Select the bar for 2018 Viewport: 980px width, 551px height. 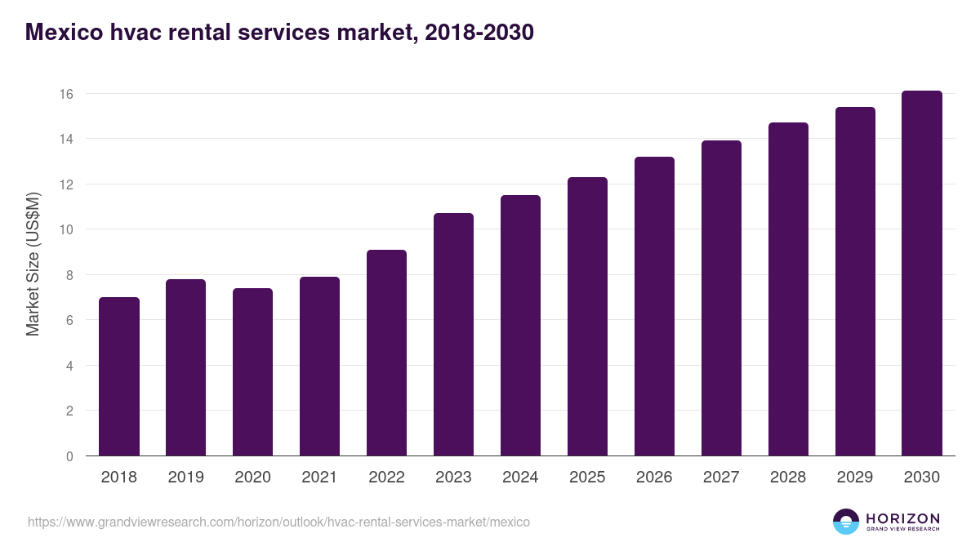(119, 376)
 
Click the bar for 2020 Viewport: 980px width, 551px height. (253, 372)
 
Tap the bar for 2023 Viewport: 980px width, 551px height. (453, 335)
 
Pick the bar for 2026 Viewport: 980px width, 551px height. (654, 306)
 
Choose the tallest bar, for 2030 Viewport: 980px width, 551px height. (922, 273)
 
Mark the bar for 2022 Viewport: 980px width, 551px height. (386, 353)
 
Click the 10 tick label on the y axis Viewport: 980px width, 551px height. (66, 229)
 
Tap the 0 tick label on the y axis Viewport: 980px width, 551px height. (69, 456)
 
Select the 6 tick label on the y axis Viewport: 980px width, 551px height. (69, 320)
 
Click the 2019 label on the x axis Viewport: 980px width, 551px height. (185, 478)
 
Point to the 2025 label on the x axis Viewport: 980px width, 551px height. (587, 478)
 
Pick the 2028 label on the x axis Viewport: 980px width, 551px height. (788, 478)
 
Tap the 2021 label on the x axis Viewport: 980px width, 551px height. (319, 478)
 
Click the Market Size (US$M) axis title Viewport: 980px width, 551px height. (33, 264)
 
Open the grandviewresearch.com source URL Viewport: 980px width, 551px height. (278, 522)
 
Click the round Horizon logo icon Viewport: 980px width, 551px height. (846, 522)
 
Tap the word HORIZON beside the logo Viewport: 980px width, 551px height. (903, 518)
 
